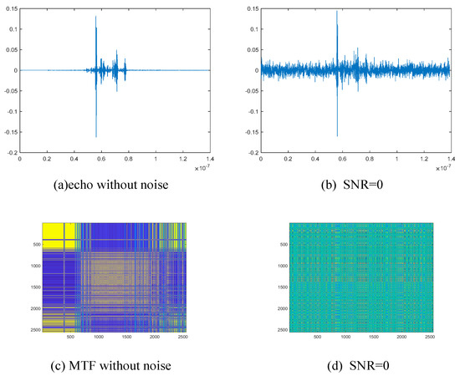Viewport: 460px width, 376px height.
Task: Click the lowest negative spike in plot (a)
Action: (96, 136)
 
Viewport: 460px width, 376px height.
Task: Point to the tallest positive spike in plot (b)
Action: (336, 11)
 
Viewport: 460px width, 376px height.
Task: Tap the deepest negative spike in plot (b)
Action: (337, 135)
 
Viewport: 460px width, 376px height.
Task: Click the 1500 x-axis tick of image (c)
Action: (129, 338)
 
